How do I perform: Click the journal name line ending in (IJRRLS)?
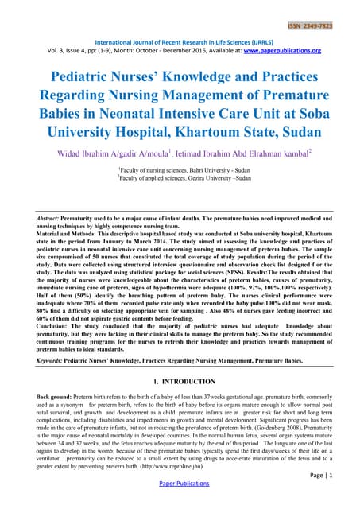181,41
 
